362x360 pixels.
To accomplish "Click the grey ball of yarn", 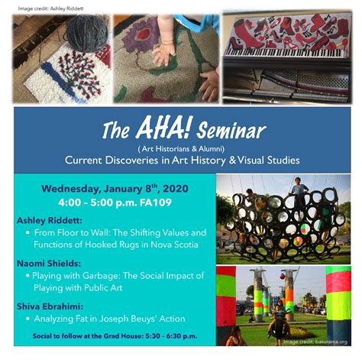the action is pyautogui.click(x=87, y=33).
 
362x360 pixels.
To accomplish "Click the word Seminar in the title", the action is pyautogui.click(x=231, y=131).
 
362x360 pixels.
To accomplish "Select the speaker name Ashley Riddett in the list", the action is pyautogui.click(x=50, y=220).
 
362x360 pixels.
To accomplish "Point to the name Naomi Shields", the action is pyautogui.click(x=49, y=264).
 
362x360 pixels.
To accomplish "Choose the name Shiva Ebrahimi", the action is pyautogui.click(x=50, y=306).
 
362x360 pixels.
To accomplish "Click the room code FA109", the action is pyautogui.click(x=156, y=203).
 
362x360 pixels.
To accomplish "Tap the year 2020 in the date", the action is pyautogui.click(x=176, y=189).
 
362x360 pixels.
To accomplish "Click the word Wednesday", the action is pyautogui.click(x=71, y=190).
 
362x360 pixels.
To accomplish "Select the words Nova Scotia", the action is pyautogui.click(x=174, y=245).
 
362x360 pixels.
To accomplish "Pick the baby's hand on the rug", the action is pyautogui.click(x=163, y=54).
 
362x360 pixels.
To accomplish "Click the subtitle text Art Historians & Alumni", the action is pyautogui.click(x=181, y=149).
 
